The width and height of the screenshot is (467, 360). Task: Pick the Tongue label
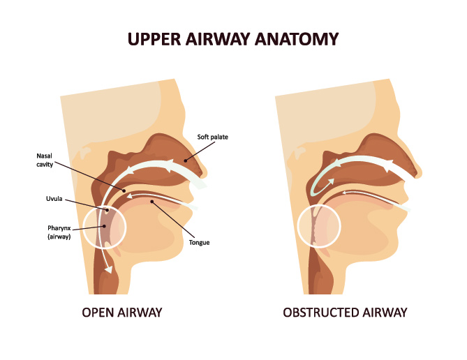(x=199, y=243)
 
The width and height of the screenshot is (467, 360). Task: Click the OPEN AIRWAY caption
(x=123, y=312)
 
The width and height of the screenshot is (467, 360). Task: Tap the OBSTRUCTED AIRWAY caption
(x=345, y=312)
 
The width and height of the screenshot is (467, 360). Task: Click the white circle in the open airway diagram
(x=105, y=227)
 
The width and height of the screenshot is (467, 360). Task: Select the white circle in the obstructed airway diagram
(x=319, y=227)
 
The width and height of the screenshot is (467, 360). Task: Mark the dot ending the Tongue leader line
(x=152, y=202)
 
